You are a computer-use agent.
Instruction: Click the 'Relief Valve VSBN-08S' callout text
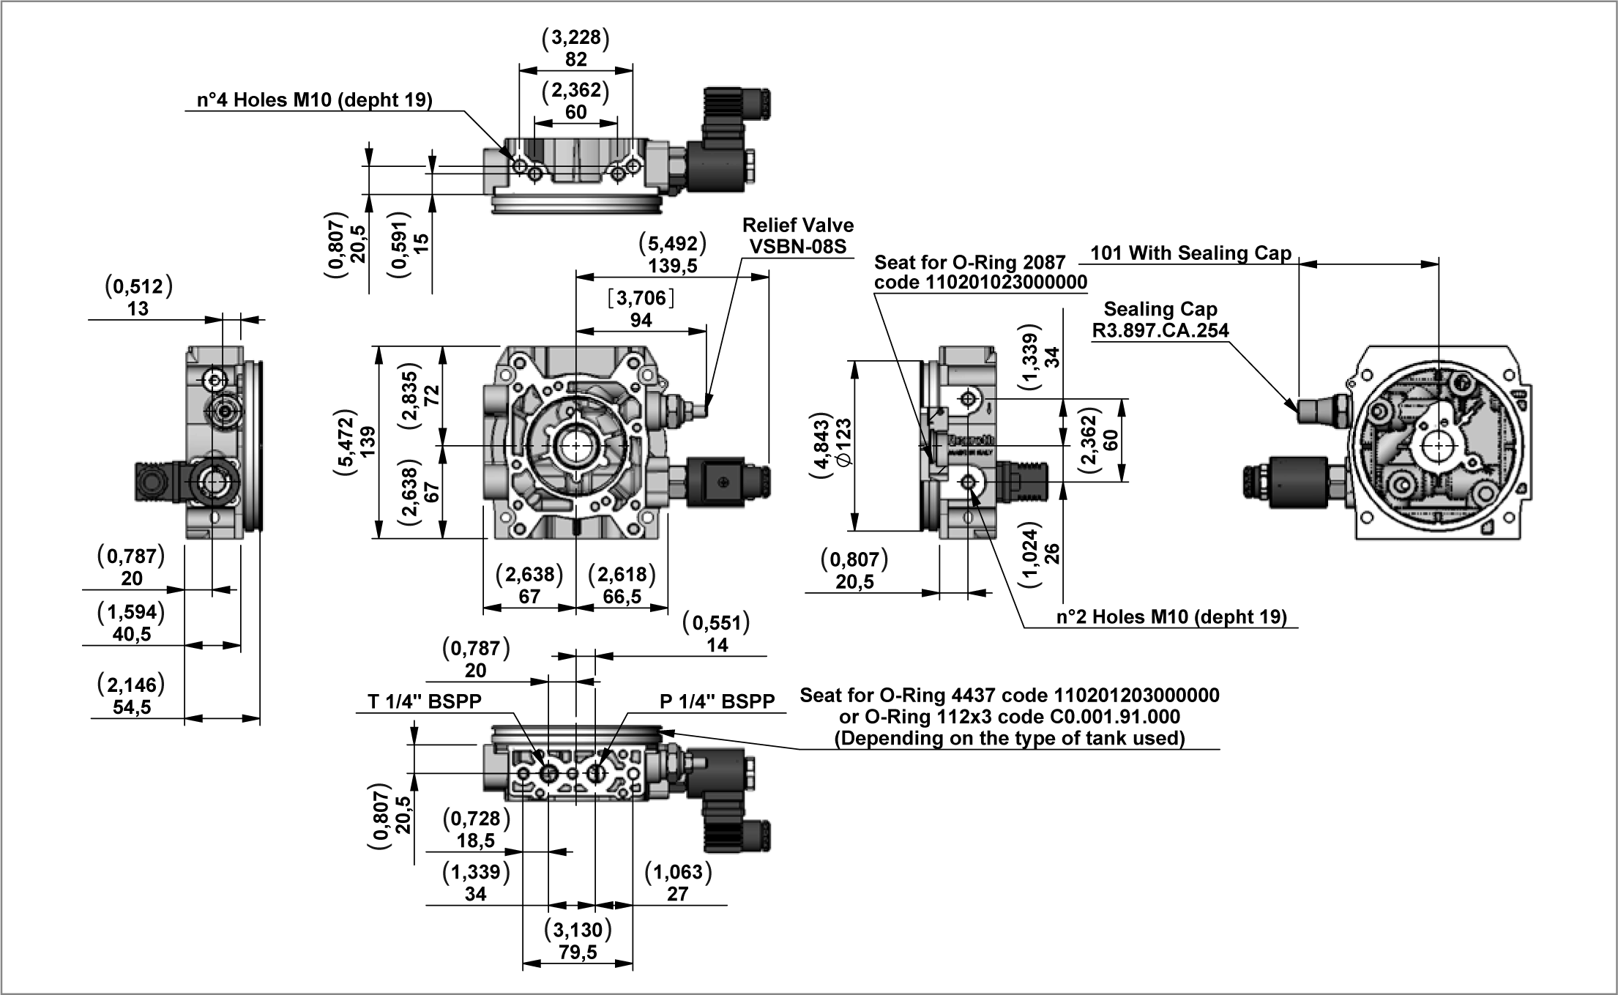[797, 236]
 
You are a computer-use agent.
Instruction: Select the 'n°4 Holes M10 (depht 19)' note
[315, 100]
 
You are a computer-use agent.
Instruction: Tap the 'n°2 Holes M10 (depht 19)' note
[1171, 617]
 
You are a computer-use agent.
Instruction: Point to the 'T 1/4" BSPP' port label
[425, 701]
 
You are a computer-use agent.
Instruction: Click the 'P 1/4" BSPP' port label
[717, 701]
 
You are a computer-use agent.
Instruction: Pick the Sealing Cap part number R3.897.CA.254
[1160, 331]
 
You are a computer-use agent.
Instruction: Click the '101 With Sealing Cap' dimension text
[1190, 253]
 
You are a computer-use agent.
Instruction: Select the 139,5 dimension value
[672, 266]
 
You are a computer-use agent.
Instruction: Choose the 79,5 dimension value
[578, 952]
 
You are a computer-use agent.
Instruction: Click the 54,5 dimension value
[132, 707]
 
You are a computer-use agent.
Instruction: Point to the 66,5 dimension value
[622, 597]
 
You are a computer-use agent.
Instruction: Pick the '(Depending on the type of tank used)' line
[1010, 738]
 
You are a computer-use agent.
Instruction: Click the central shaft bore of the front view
[577, 446]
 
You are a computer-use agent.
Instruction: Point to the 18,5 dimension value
[476, 841]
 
